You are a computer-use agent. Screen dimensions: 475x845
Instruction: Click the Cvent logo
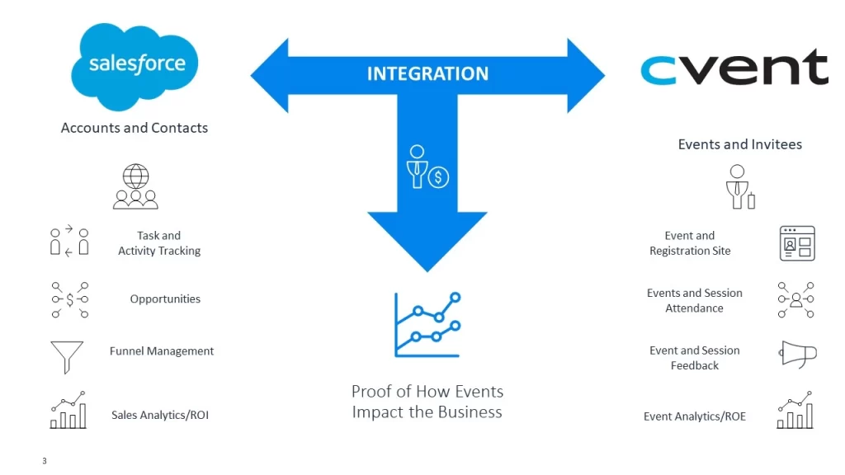[734, 68]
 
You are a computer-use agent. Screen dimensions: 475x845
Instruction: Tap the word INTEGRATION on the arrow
[427, 74]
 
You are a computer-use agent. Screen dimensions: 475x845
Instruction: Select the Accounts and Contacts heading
[135, 128]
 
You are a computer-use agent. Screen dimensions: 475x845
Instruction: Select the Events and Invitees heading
[739, 144]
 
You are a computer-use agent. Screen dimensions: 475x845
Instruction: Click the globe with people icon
[135, 186]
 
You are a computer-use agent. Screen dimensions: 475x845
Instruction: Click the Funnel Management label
[162, 351]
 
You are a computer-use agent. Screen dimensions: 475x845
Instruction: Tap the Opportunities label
[165, 299]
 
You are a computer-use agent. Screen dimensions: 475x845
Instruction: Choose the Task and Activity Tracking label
[159, 243]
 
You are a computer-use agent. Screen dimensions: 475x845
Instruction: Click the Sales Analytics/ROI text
[160, 416]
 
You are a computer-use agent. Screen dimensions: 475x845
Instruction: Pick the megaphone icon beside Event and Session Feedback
[797, 355]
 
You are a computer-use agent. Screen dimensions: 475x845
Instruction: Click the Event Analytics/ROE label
[694, 416]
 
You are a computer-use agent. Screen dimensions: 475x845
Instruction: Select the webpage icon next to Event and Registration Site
[797, 243]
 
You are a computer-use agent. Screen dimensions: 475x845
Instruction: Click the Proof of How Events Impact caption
[427, 402]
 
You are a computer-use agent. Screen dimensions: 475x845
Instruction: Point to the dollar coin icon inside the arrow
[438, 176]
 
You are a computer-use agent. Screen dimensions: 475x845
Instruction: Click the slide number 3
[45, 461]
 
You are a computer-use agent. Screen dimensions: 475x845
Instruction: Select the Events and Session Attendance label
[694, 300]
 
